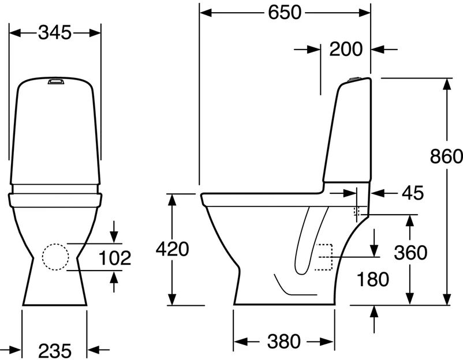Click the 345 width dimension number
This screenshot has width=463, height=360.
pos(55,32)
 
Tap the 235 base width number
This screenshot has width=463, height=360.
pos(55,351)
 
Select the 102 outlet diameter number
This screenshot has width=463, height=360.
pos(114,258)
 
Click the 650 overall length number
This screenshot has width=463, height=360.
pos(285,13)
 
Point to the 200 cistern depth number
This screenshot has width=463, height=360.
pos(346,49)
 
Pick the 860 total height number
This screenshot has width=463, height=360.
pos(446,156)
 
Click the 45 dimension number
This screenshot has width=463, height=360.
pos(413,193)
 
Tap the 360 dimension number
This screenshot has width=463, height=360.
pos(410,253)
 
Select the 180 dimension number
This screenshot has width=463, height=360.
pos(372,279)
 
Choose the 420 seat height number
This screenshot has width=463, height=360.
pos(173,249)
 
